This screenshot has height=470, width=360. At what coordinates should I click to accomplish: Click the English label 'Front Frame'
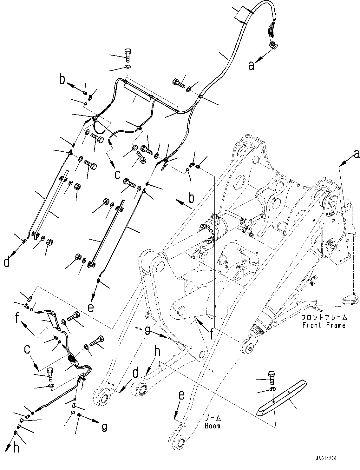tap(324, 325)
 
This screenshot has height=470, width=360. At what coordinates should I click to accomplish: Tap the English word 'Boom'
tap(212, 426)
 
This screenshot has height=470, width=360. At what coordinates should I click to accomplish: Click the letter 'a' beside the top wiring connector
tap(251, 66)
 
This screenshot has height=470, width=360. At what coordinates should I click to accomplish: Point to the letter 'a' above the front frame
tap(357, 154)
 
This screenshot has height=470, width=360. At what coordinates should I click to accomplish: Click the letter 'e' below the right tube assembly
tap(91, 307)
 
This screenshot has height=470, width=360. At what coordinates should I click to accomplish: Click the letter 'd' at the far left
tap(7, 262)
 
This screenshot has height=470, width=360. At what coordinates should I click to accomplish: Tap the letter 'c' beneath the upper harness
tap(117, 174)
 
